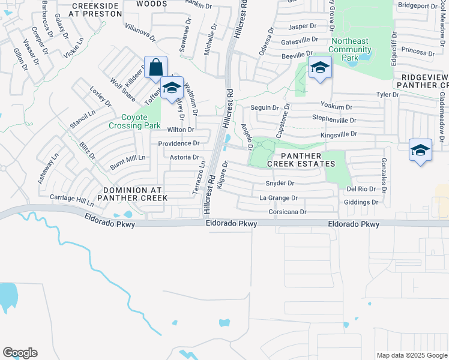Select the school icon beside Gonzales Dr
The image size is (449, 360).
pos(420,150)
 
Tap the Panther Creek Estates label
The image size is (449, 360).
pos(305,160)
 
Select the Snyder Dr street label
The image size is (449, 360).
pos(280,184)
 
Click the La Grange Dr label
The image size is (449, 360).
pos(279,198)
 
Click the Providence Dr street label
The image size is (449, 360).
pos(178,143)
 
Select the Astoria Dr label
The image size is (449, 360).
pos(184,157)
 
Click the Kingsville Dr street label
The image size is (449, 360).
pos(339,134)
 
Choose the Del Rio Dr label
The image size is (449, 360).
pos(361,189)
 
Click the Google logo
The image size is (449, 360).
pos(20,353)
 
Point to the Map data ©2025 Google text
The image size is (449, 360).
pos(412,355)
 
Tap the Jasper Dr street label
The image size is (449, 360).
pos(302,26)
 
